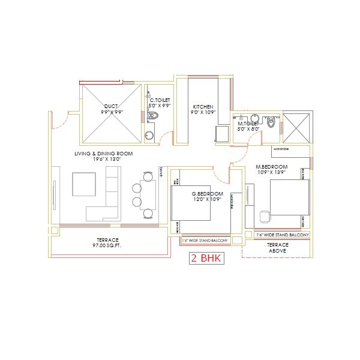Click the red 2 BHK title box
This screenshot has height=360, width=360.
[206, 259]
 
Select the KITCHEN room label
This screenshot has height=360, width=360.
[202, 106]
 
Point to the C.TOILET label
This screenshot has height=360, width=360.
[160, 100]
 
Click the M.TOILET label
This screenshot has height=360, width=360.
[248, 123]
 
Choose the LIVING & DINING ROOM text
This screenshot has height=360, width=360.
[103, 154]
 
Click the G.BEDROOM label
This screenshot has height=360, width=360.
[208, 193]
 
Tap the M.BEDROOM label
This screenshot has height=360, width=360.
[272, 166]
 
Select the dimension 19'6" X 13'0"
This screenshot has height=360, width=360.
[103, 160]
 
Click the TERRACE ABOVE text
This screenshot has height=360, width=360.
[277, 248]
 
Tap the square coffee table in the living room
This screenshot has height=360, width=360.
[84, 184]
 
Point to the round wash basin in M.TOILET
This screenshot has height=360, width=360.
[254, 117]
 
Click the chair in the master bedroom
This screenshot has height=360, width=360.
[265, 215]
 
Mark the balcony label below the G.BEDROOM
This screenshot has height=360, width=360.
[205, 241]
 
